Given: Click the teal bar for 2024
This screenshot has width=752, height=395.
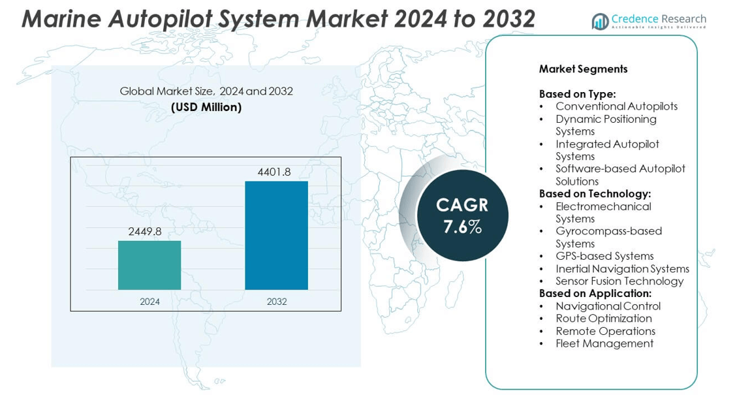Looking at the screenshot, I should (x=149, y=265).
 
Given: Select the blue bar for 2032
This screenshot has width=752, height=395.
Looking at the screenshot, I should (x=276, y=235).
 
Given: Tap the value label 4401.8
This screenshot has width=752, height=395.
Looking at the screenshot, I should (x=274, y=172).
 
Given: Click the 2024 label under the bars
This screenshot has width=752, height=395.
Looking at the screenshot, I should (x=149, y=302).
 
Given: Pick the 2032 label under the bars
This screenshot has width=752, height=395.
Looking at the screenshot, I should (x=276, y=302).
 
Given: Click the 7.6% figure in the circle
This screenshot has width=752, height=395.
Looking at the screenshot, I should (x=462, y=227).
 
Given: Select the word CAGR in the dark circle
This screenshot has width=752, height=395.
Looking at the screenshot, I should (x=462, y=205).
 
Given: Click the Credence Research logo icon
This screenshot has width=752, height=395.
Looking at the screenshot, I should (x=600, y=22).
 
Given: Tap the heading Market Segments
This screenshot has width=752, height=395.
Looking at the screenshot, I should (x=583, y=69).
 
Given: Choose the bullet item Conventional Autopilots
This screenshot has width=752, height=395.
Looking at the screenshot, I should (x=616, y=106).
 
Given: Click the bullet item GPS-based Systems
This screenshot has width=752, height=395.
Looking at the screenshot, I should (x=604, y=256).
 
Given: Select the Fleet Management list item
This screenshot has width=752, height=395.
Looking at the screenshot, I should (x=604, y=343).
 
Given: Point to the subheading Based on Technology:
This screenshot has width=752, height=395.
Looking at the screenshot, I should (x=595, y=194).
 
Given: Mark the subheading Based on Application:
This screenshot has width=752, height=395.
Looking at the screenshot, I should (x=595, y=293).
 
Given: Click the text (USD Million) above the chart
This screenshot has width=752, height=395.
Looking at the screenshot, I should (x=206, y=107).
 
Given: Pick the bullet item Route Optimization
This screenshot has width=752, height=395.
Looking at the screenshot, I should (x=604, y=319).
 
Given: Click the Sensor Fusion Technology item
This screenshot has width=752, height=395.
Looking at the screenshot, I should (x=619, y=281).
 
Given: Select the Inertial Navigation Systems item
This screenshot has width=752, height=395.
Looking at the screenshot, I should (x=622, y=269).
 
